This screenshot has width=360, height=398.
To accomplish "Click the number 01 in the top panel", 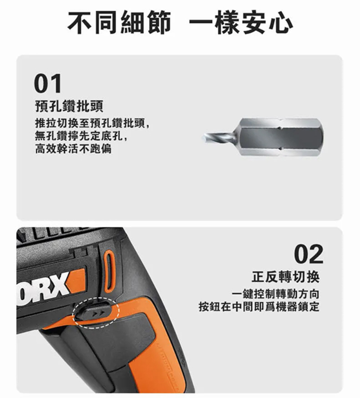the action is click(48, 83).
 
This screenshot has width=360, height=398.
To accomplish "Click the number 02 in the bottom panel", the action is click(309, 254).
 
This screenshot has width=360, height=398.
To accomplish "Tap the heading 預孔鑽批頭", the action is click(69, 106).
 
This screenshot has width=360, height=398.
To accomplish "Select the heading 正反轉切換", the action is click(286, 277).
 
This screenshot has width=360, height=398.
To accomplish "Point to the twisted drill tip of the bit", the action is click(220, 138).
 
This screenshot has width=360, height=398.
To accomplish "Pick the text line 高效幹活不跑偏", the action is click(73, 149).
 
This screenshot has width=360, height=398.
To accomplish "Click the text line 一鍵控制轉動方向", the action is click(275, 294).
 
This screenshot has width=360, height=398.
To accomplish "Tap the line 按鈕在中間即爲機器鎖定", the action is click(259, 307).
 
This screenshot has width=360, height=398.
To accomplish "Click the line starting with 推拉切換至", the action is click(92, 124).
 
